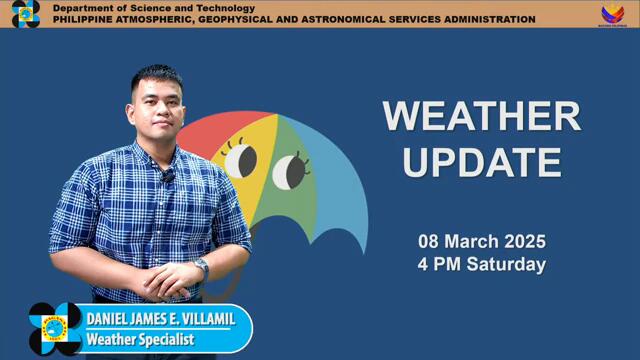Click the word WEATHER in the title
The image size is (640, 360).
click(481, 116)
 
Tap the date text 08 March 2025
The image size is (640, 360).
click(481, 242)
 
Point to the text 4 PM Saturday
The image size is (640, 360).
click(481, 265)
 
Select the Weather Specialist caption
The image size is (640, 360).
click(138, 340)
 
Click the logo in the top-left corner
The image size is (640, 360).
click(25, 13)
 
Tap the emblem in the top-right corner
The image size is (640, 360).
click(612, 13)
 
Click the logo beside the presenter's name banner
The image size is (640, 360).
click(54, 328)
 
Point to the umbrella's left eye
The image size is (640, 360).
click(241, 160)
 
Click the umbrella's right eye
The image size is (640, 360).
click(289, 170)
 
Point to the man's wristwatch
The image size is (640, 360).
click(201, 268)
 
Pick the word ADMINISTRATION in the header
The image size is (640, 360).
click(479, 19)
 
